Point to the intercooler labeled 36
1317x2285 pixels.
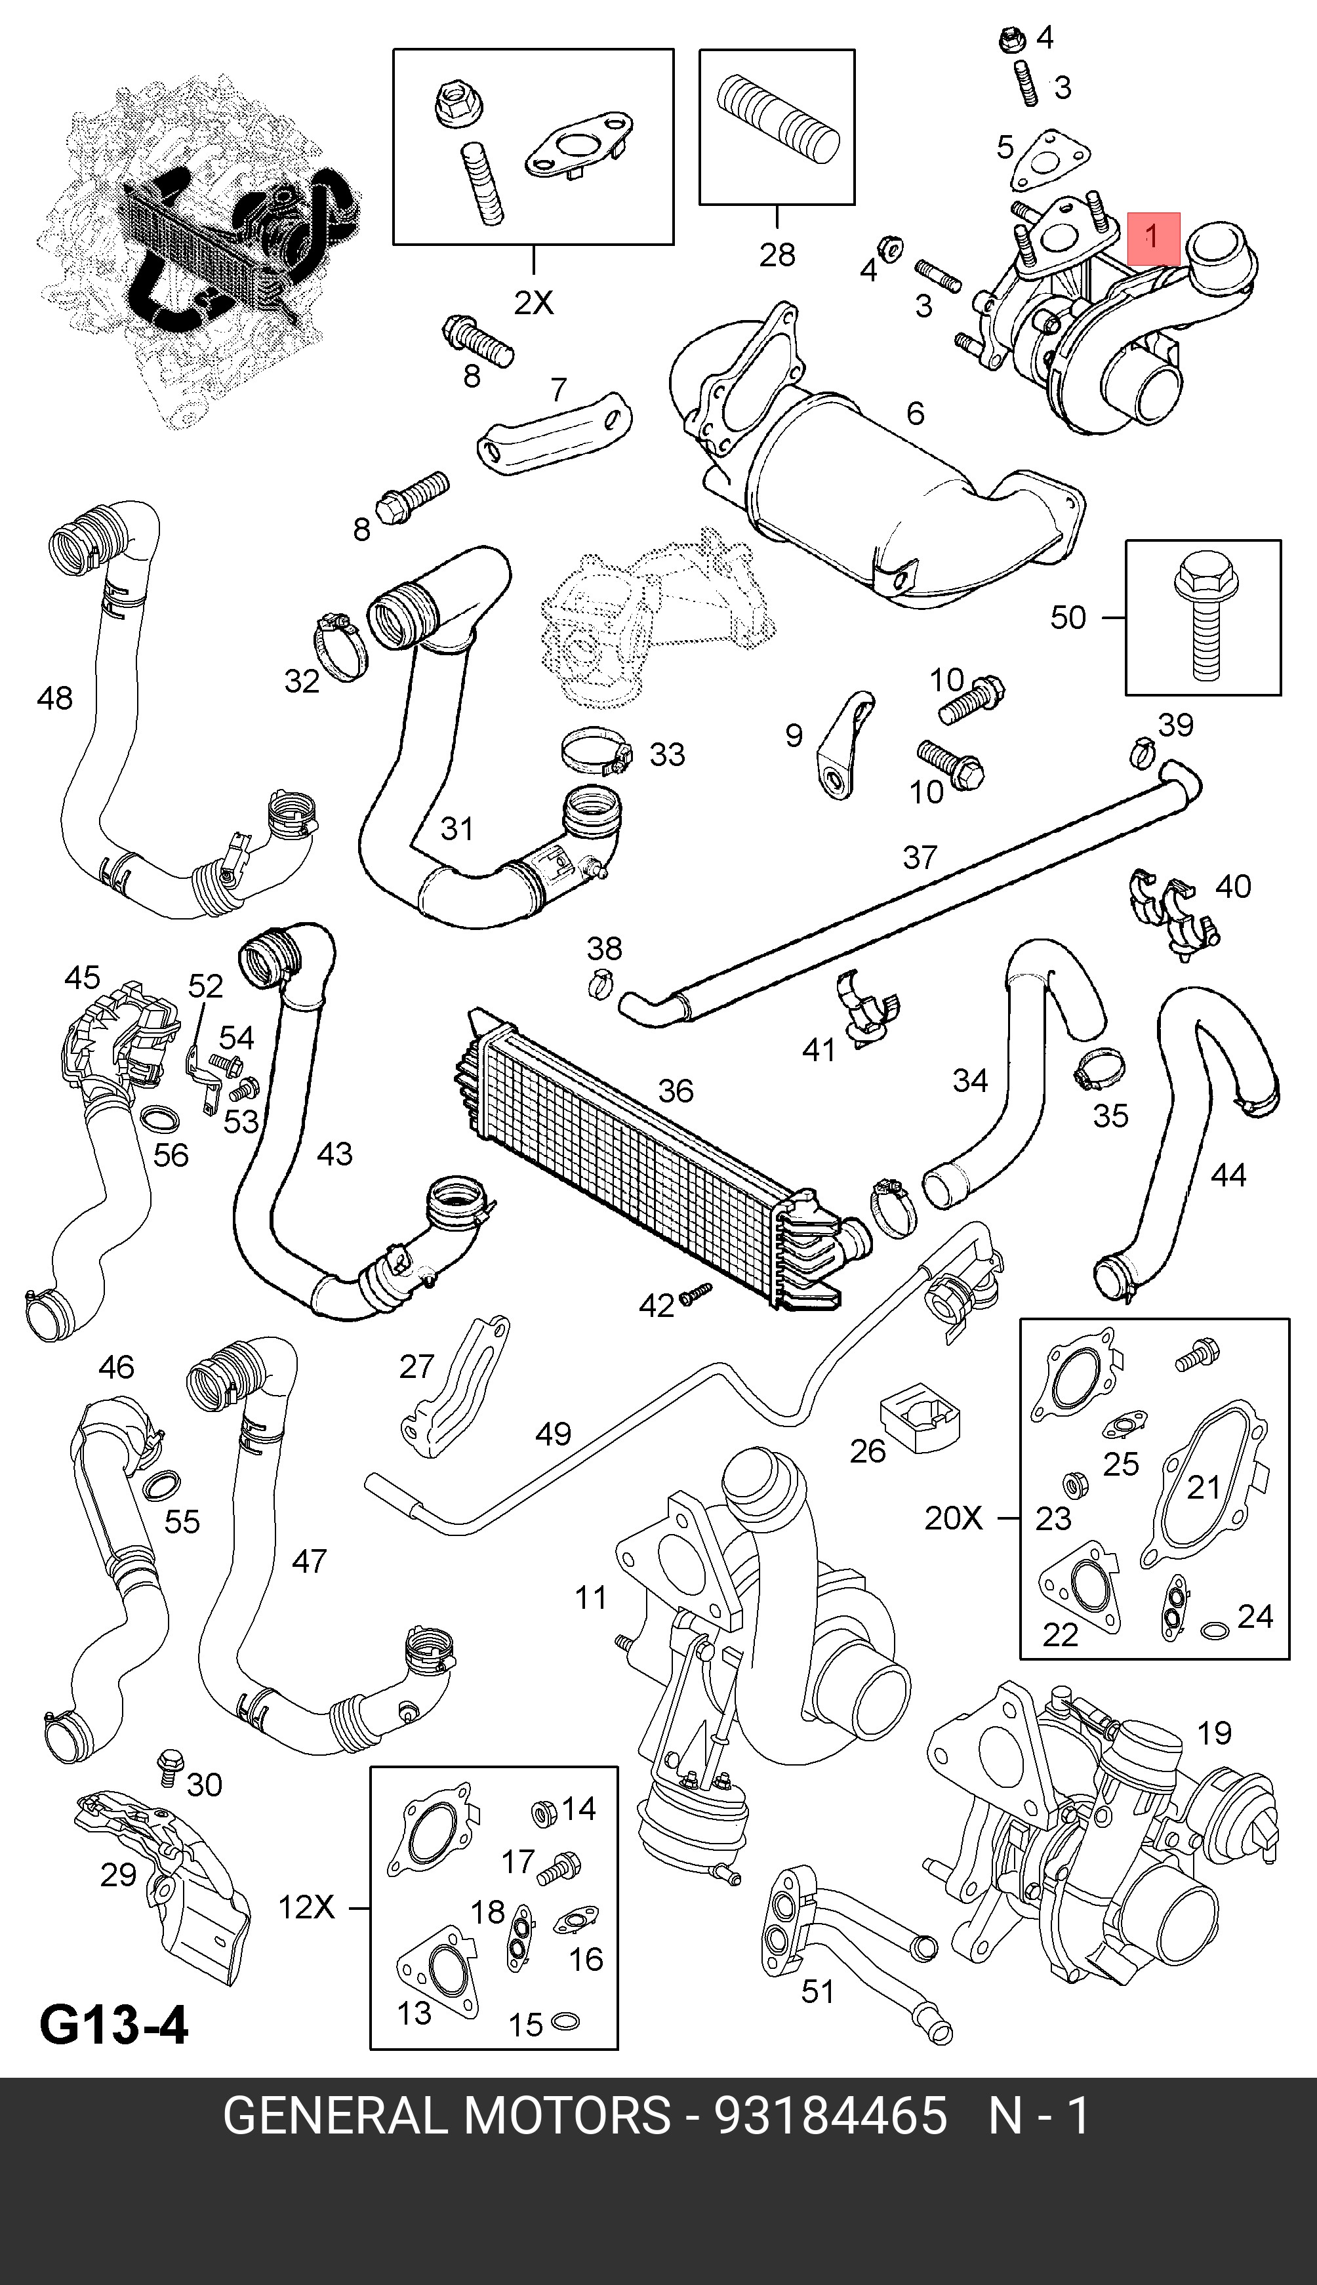pyautogui.click(x=651, y=1158)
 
